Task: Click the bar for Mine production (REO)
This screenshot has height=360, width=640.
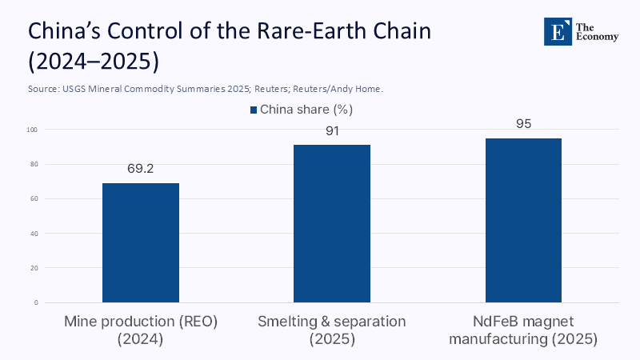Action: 141,242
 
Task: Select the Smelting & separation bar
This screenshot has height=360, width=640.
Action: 332,223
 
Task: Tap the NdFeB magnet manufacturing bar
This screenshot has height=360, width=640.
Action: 523,220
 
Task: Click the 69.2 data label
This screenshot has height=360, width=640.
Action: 141,169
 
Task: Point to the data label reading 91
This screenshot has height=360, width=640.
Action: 332,130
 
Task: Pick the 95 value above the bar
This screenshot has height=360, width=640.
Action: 523,124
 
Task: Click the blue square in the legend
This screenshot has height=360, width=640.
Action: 254,110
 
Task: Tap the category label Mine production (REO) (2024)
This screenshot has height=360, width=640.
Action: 141,330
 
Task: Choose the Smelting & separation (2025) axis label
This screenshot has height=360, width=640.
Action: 332,330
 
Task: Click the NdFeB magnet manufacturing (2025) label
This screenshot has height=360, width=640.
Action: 523,330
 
